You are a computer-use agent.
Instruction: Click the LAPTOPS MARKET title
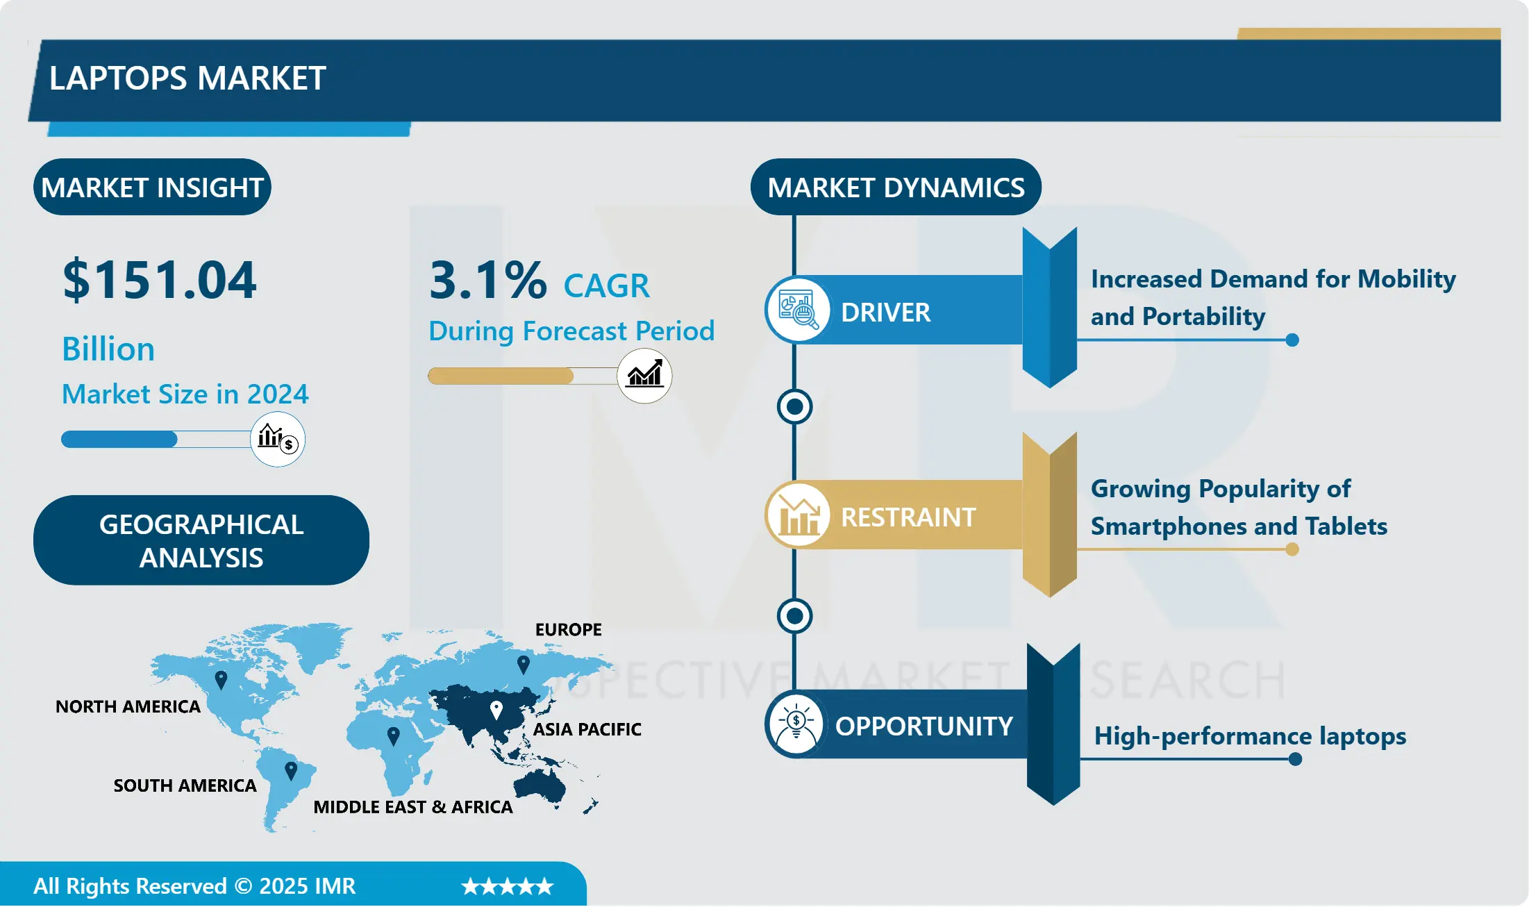pyautogui.click(x=187, y=78)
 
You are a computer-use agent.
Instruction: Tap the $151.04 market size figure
pyautogui.click(x=160, y=280)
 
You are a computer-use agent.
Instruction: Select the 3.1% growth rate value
pyautogui.click(x=487, y=281)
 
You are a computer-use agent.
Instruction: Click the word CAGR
pyautogui.click(x=606, y=285)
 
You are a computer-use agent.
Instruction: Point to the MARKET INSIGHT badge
pyautogui.click(x=152, y=188)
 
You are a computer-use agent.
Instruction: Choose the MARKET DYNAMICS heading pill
pyautogui.click(x=896, y=188)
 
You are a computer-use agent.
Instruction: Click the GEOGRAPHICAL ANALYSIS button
pyautogui.click(x=201, y=540)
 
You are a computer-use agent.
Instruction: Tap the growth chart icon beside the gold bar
pyautogui.click(x=644, y=376)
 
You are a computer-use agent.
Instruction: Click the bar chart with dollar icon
pyautogui.click(x=278, y=439)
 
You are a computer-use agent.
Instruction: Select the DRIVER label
pyautogui.click(x=885, y=313)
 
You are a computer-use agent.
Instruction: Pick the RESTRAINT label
pyautogui.click(x=908, y=517)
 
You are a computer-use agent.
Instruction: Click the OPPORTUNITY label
pyautogui.click(x=924, y=726)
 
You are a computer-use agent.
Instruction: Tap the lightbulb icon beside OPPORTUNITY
pyautogui.click(x=796, y=724)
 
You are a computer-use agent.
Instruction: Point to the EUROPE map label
pyautogui.click(x=568, y=630)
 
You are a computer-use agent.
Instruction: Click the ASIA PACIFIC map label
pyautogui.click(x=587, y=729)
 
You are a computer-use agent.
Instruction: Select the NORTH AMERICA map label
pyautogui.click(x=128, y=707)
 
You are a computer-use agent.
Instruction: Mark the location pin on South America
pyautogui.click(x=291, y=769)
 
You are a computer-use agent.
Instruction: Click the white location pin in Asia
pyautogui.click(x=496, y=709)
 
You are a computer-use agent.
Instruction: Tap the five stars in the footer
pyautogui.click(x=508, y=886)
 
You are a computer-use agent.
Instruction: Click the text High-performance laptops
pyautogui.click(x=1250, y=736)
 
